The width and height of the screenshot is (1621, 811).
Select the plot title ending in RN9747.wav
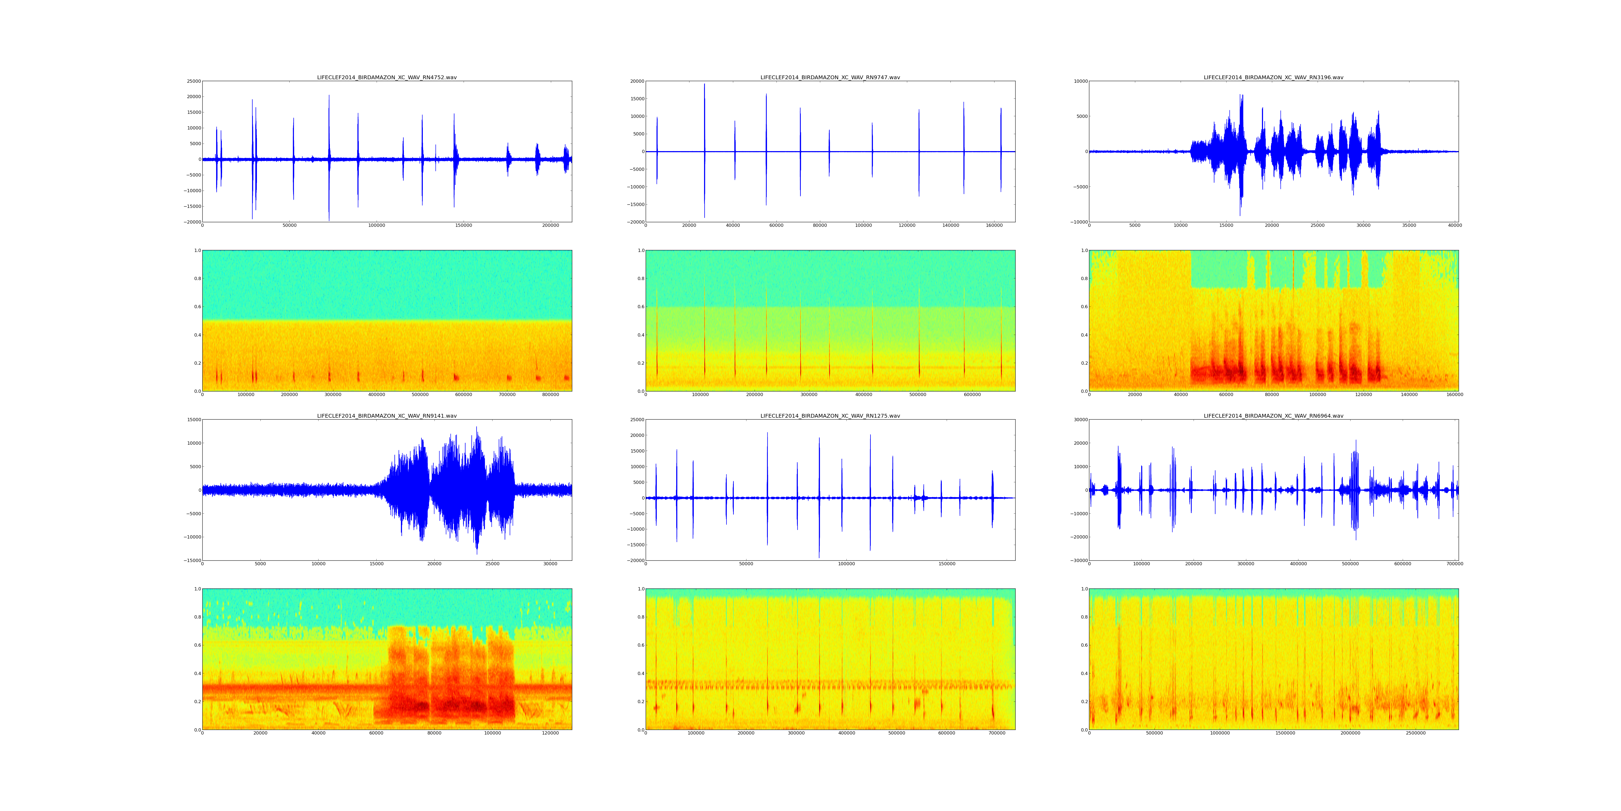coord(830,77)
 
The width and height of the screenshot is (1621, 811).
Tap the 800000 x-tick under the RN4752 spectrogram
coord(550,395)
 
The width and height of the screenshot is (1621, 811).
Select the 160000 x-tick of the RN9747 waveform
coord(994,225)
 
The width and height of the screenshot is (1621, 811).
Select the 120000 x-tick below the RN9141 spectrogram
coord(550,733)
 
